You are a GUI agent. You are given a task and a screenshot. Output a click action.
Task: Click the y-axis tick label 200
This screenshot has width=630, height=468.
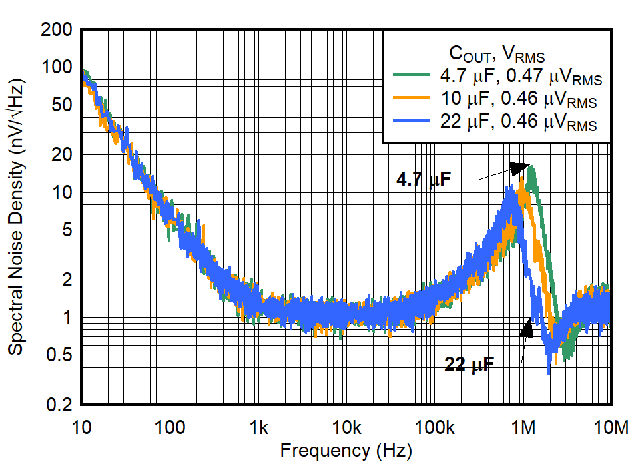(x=57, y=30)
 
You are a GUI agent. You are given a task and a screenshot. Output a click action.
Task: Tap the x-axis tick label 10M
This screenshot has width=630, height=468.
(x=610, y=427)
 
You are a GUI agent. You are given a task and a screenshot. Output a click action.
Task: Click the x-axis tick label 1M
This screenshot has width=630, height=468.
(x=523, y=427)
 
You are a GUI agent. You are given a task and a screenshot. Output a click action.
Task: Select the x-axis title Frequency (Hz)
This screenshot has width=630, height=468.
(x=346, y=450)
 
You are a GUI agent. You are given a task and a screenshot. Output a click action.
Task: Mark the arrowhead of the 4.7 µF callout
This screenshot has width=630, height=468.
(x=519, y=168)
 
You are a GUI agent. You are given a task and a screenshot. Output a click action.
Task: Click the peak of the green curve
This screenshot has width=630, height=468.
(x=531, y=166)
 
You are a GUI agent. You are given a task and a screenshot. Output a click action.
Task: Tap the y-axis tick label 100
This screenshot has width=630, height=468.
(x=57, y=67)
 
